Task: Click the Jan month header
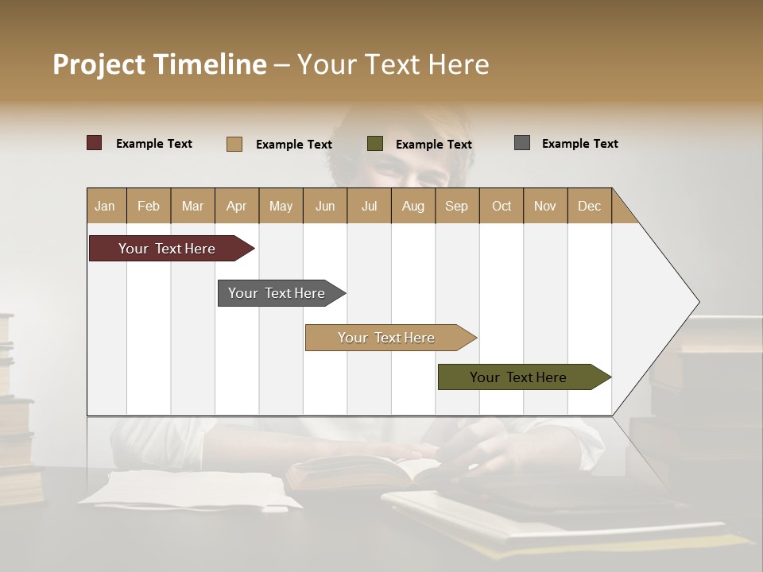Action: click(106, 206)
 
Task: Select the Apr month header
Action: click(237, 206)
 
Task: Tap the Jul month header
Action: click(369, 206)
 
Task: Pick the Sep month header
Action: click(457, 206)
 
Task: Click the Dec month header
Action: click(589, 206)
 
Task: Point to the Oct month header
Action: click(502, 206)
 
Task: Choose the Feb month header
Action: click(149, 206)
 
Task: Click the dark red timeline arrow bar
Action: click(168, 249)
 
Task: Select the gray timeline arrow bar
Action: click(277, 293)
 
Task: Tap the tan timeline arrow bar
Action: click(387, 338)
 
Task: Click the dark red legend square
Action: click(95, 143)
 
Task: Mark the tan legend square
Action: click(234, 144)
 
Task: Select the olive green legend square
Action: click(375, 143)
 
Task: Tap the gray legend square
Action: click(522, 143)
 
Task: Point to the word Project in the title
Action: click(99, 64)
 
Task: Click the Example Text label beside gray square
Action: click(579, 144)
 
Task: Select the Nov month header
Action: click(545, 206)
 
